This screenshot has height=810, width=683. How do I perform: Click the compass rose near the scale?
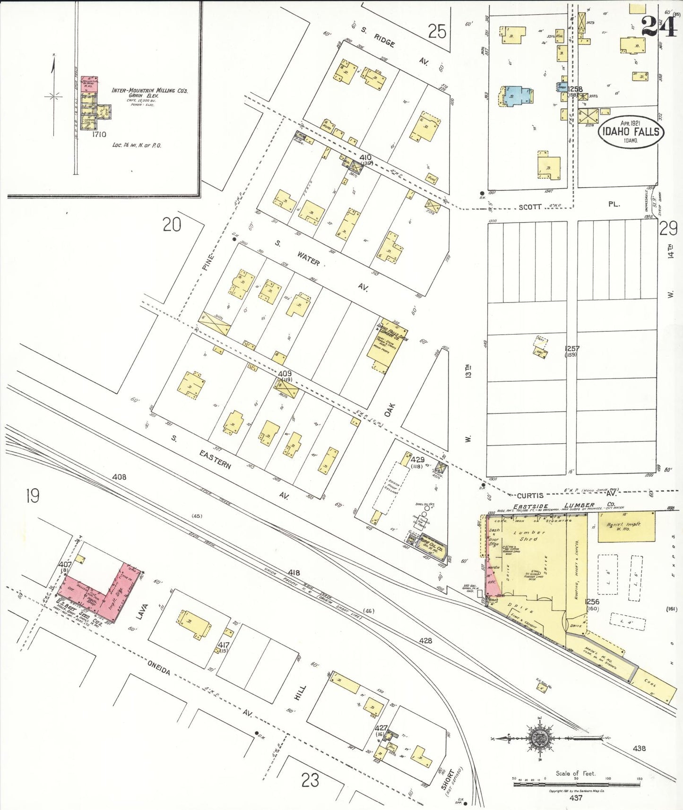[539, 738]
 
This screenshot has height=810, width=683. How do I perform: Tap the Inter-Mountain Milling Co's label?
[149, 91]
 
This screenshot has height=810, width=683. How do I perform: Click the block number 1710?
[99, 134]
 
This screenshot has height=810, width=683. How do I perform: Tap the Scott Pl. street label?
[567, 206]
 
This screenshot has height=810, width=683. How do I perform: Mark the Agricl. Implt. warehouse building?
[626, 526]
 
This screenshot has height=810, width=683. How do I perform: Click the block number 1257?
[571, 348]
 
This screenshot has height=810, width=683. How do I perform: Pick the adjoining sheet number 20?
[172, 224]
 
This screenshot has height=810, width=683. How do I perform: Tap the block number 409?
[285, 373]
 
